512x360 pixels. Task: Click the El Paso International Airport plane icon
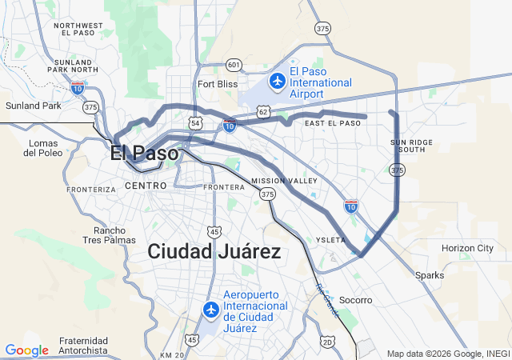[278, 81]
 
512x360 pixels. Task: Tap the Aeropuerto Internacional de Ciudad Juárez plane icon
[211, 310]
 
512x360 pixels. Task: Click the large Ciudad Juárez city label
[214, 252]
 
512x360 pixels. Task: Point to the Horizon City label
[467, 248]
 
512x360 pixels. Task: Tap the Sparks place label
[429, 275]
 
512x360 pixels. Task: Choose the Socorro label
[356, 300]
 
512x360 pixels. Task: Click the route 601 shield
[234, 64]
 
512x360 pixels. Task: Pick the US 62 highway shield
[264, 112]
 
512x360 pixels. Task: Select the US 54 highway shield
[196, 123]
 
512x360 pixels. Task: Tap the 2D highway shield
[327, 342]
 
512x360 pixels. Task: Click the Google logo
[26, 350]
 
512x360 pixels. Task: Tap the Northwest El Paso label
[78, 30]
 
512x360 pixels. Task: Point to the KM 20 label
[172, 354]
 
